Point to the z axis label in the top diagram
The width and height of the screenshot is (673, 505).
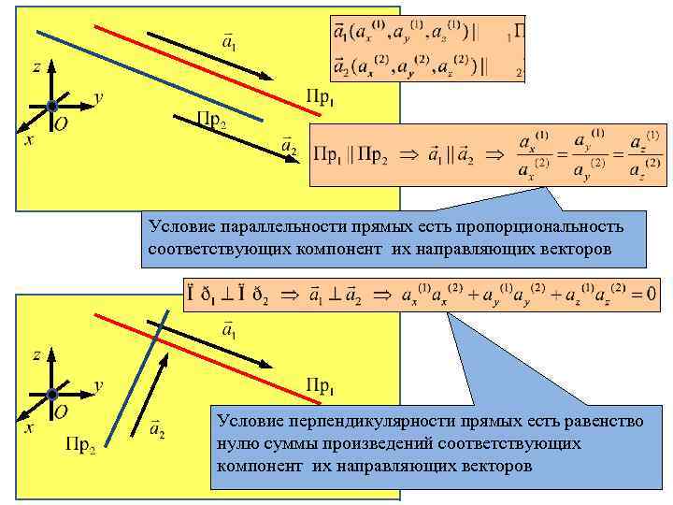coord(36,68)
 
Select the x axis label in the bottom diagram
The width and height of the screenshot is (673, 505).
coord(29,427)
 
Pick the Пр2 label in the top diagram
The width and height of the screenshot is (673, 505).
coord(210,119)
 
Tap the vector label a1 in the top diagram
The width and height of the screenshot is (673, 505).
coord(228,42)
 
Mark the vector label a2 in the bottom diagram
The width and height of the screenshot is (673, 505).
coord(157,428)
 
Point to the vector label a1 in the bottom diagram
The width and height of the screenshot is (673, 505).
coord(228,329)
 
